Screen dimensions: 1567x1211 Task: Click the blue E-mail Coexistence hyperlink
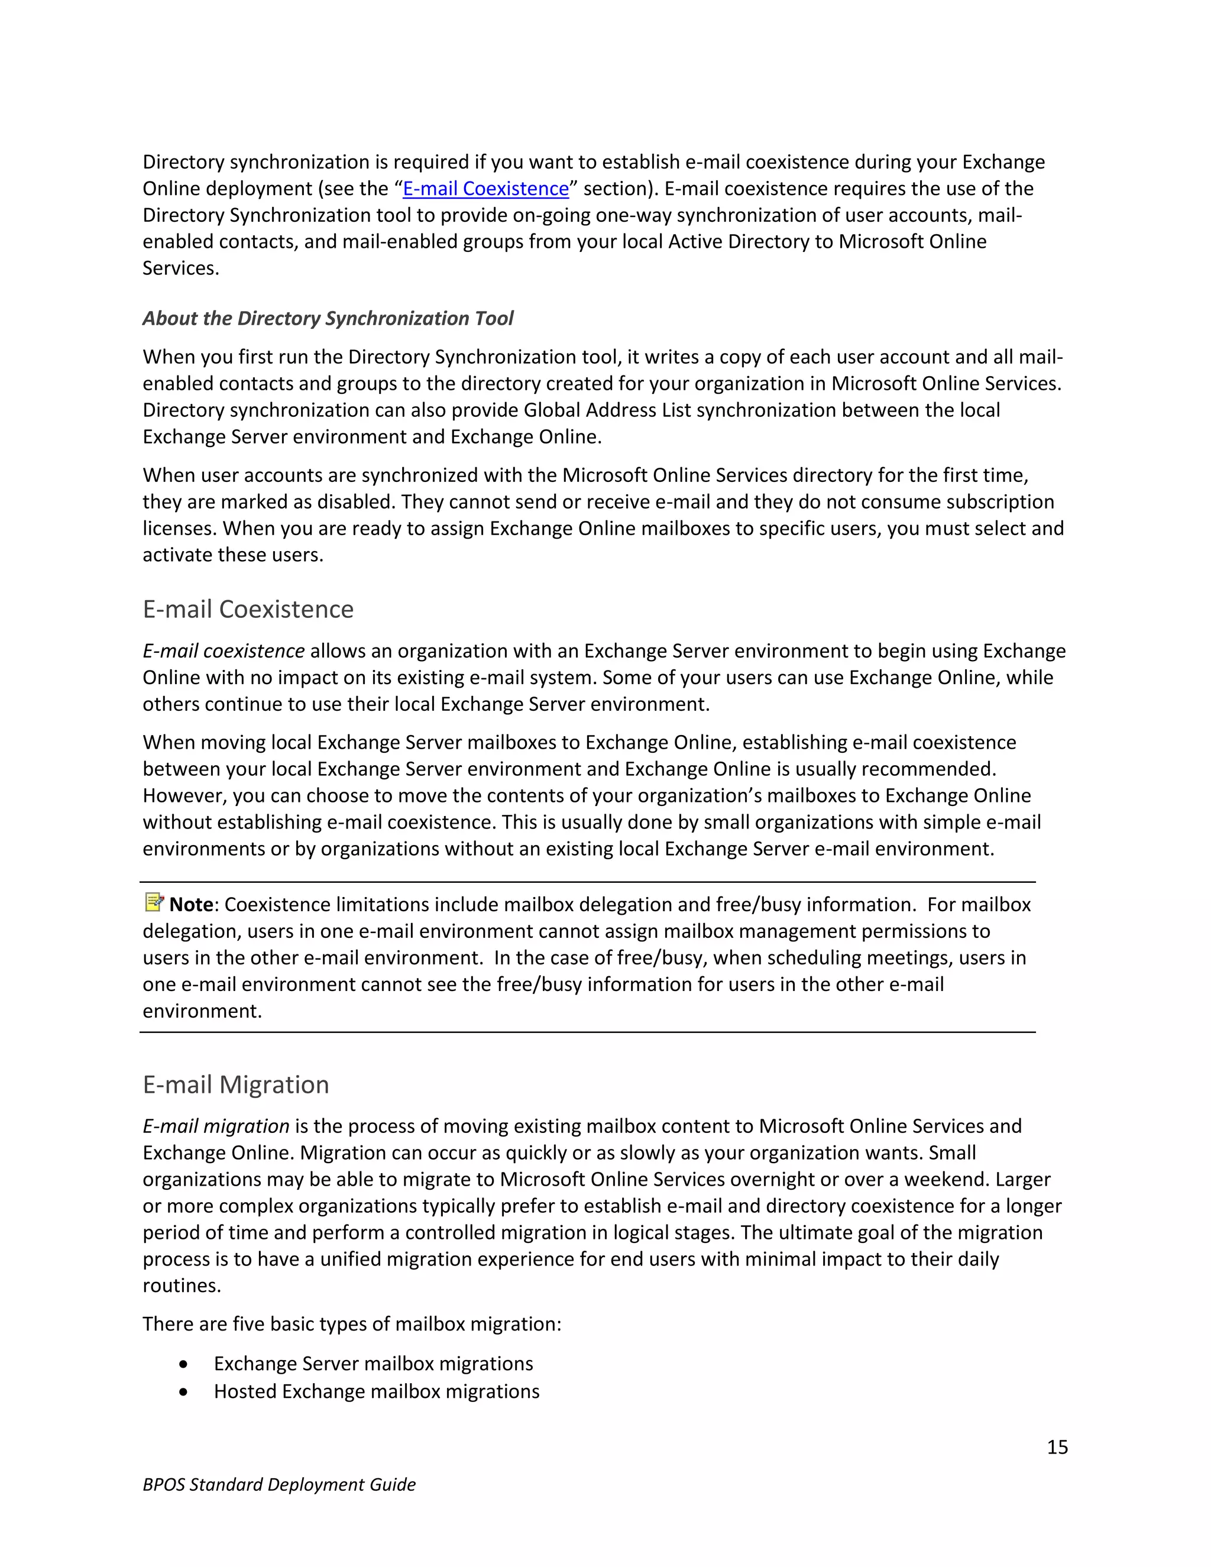click(485, 189)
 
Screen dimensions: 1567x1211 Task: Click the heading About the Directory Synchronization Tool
click(328, 318)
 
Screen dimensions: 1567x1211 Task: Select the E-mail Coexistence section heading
click(248, 609)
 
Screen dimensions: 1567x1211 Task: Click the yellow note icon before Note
click(154, 902)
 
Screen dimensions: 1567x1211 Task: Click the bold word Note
click(192, 905)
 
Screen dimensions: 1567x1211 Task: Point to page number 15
click(1057, 1447)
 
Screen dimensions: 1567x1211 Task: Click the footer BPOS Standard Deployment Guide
click(279, 1484)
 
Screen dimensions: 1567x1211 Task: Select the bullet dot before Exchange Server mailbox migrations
click(184, 1364)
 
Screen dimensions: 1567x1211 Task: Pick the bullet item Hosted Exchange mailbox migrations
click(377, 1391)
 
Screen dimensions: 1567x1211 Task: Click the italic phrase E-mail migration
click(216, 1126)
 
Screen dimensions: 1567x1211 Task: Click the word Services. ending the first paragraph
click(181, 268)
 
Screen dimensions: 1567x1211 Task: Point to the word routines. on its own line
click(182, 1285)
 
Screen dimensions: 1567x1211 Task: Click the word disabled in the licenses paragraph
click(356, 501)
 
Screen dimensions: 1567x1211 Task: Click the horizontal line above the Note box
click(587, 882)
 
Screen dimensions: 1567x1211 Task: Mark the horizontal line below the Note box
click(587, 1032)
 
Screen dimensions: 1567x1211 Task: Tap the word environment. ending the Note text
click(202, 1011)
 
